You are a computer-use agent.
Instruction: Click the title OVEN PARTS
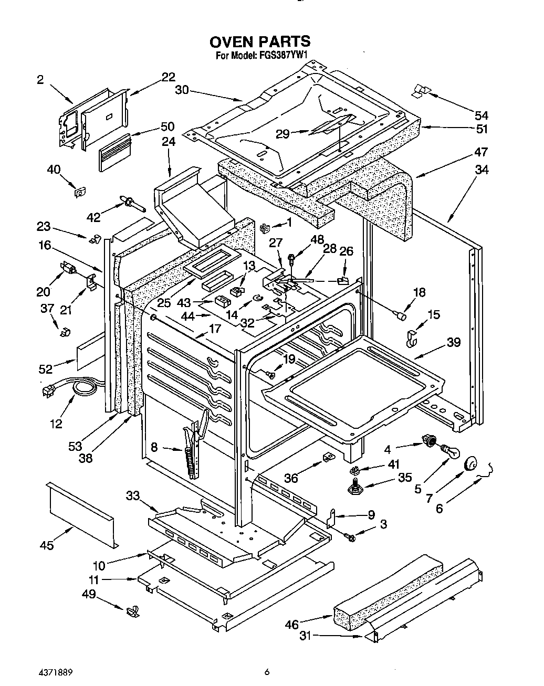(x=259, y=41)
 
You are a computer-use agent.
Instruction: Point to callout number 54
(x=481, y=115)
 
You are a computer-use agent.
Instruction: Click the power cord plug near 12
(x=48, y=391)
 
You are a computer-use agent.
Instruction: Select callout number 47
(x=481, y=153)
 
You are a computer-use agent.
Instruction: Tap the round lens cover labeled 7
(x=470, y=465)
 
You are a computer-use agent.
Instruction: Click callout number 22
(x=168, y=77)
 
